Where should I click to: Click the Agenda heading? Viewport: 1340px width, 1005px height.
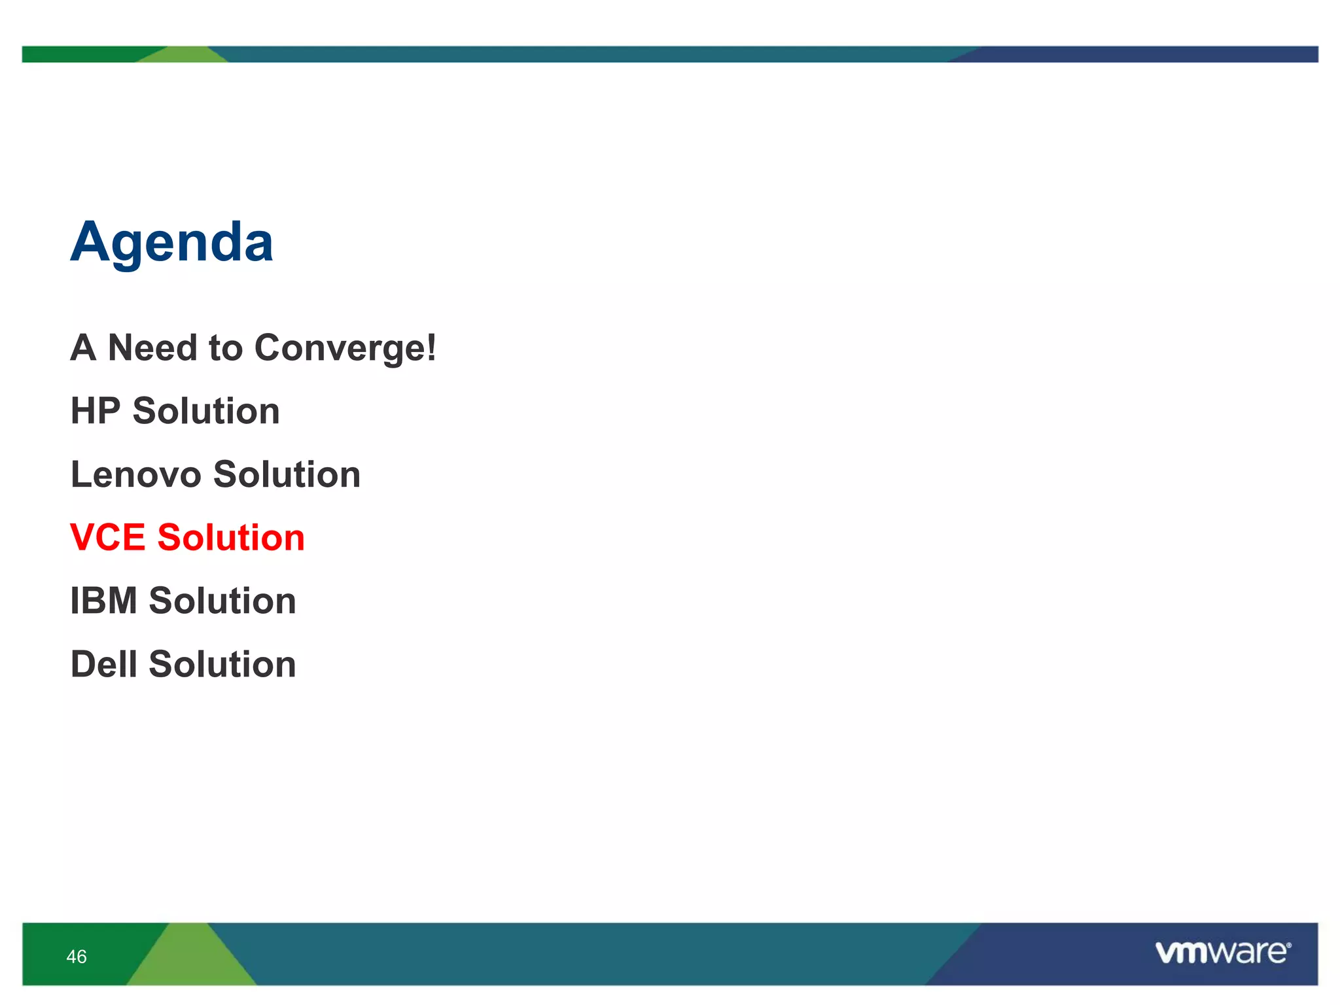tap(171, 243)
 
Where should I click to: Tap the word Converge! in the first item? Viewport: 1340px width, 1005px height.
tap(345, 348)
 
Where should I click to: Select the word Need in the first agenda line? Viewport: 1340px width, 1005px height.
tap(152, 347)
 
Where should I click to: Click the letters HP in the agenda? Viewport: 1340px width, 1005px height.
tap(96, 411)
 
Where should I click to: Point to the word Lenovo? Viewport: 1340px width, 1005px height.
tap(135, 474)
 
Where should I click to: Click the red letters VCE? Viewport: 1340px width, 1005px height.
tap(107, 538)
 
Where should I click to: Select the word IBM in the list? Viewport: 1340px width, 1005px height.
tap(103, 601)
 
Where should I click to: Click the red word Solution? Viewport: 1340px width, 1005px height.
tap(230, 538)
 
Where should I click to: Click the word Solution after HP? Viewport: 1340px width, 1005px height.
tap(206, 411)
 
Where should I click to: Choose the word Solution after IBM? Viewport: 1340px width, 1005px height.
tap(222, 601)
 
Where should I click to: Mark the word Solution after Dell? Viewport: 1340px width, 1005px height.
tap(222, 664)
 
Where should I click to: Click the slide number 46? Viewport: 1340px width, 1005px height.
tap(77, 957)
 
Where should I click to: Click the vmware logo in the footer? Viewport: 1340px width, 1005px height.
tap(1222, 952)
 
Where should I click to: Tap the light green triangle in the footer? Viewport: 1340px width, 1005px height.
tap(191, 962)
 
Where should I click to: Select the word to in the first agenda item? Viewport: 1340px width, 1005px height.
tap(225, 348)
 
